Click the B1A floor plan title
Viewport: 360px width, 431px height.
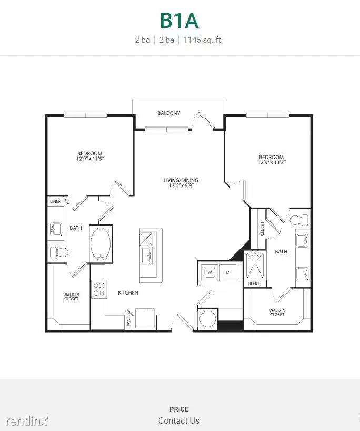(179, 21)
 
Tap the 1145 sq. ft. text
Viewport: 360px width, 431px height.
(203, 40)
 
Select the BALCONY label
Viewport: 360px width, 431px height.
(169, 113)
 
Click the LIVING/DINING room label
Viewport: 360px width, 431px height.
(181, 180)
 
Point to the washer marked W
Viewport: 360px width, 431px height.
(209, 272)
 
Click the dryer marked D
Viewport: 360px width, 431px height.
(228, 272)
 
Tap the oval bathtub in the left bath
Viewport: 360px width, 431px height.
(101, 243)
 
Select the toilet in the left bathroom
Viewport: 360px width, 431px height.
(58, 252)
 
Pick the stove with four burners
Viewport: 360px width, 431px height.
(98, 289)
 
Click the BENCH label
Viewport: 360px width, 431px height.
(255, 284)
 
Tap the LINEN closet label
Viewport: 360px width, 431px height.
(55, 202)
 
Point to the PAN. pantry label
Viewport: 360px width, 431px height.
(129, 321)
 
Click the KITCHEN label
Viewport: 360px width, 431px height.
(128, 292)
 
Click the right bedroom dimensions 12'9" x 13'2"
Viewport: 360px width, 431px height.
(272, 163)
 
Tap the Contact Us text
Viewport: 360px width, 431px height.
(179, 420)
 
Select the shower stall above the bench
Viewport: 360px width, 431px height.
(255, 265)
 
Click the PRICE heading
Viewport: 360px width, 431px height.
(179, 409)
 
